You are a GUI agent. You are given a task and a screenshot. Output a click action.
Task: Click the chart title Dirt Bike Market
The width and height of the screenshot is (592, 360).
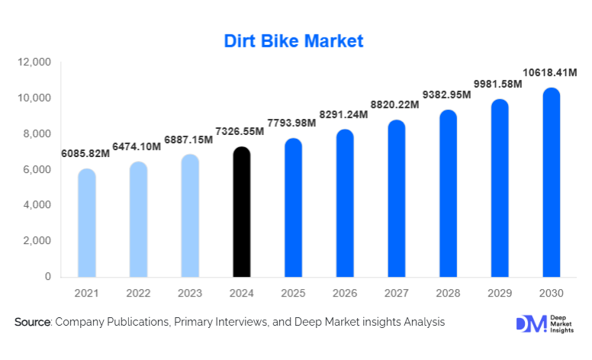click(x=294, y=40)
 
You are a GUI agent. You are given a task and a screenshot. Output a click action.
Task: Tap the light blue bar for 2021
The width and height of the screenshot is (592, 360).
click(x=87, y=223)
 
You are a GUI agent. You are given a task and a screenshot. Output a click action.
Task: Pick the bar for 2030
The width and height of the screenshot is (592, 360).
click(x=551, y=183)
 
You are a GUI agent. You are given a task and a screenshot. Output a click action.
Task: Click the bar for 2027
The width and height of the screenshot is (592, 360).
click(x=397, y=199)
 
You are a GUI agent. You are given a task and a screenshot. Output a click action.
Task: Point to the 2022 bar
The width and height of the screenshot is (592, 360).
click(x=138, y=220)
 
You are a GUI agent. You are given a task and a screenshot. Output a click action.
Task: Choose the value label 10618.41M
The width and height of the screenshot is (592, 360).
click(x=550, y=73)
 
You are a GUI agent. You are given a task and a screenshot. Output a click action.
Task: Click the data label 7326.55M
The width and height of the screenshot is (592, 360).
click(x=242, y=131)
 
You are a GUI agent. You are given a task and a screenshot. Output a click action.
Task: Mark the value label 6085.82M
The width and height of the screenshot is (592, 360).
click(x=85, y=153)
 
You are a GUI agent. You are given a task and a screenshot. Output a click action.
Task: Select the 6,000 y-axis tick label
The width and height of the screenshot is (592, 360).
click(x=37, y=169)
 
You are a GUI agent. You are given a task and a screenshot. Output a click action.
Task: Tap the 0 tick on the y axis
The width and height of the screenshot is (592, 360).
click(x=47, y=276)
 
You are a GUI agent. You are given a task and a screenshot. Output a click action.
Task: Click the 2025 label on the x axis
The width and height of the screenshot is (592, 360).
click(x=293, y=294)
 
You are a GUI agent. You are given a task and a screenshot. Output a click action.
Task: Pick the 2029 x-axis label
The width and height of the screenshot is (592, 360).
click(x=499, y=294)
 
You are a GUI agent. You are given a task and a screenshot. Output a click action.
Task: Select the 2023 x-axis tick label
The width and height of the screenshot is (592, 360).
click(x=190, y=294)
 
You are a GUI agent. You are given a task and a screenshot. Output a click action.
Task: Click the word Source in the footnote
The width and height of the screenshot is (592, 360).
click(x=32, y=323)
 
